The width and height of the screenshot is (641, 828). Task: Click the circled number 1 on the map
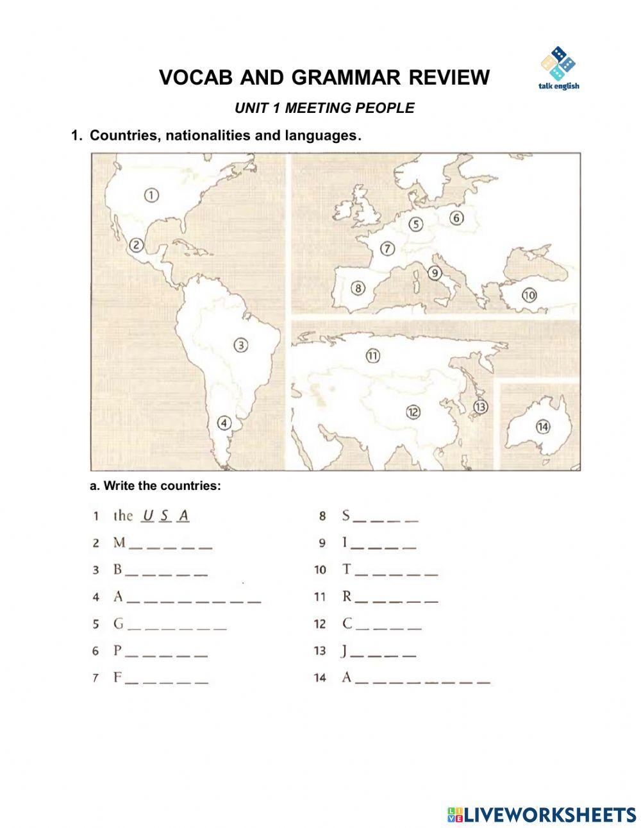151,194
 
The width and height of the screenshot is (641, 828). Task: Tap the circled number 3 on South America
241,345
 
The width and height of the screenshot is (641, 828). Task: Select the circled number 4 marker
224,423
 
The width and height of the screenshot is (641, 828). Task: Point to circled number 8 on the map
358,288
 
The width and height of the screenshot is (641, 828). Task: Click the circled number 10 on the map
529,295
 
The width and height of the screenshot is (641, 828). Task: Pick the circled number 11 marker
372,356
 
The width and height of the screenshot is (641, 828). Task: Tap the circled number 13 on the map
480,406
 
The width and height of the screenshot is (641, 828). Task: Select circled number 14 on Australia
543,427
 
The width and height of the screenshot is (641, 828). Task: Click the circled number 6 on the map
456,217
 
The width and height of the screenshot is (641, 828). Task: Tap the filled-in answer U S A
166,515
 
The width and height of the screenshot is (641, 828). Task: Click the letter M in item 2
119,543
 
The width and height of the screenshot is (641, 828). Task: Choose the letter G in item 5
119,623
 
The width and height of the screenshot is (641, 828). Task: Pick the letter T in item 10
347,569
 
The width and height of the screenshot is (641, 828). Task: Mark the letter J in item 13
345,651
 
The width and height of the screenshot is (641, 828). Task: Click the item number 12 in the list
319,624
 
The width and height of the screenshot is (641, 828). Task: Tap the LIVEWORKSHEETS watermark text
550,815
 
